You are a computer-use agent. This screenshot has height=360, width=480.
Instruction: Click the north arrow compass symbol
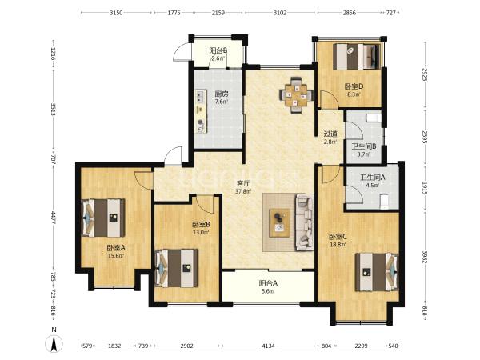click(54, 343)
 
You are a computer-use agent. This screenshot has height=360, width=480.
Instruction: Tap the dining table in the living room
click(296, 95)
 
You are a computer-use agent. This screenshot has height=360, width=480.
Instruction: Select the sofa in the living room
click(304, 222)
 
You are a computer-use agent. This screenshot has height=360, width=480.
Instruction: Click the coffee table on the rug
click(280, 223)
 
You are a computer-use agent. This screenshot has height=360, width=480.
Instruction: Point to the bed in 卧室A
click(103, 218)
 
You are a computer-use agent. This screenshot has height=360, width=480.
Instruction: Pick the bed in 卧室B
click(177, 269)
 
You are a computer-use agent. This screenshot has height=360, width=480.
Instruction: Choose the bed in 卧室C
click(377, 271)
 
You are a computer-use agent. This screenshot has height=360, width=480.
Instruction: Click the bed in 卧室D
click(357, 57)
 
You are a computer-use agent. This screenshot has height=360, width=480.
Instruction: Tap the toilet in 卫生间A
click(384, 202)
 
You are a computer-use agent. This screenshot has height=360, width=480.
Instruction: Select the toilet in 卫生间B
click(374, 118)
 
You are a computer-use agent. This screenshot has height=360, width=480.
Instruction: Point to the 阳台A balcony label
click(268, 283)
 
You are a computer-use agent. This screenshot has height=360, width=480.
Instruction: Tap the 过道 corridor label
click(330, 134)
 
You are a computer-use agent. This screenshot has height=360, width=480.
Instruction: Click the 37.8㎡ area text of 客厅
click(243, 191)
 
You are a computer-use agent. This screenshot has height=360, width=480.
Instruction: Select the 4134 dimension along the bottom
click(269, 346)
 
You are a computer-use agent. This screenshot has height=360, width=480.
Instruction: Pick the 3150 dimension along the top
click(116, 13)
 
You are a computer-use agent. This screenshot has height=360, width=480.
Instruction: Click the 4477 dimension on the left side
click(54, 218)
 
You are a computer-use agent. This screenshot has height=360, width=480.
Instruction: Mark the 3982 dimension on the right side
click(425, 258)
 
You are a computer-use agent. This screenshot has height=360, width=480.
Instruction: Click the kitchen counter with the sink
click(201, 111)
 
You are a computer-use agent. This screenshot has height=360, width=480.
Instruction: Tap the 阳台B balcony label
click(218, 50)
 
